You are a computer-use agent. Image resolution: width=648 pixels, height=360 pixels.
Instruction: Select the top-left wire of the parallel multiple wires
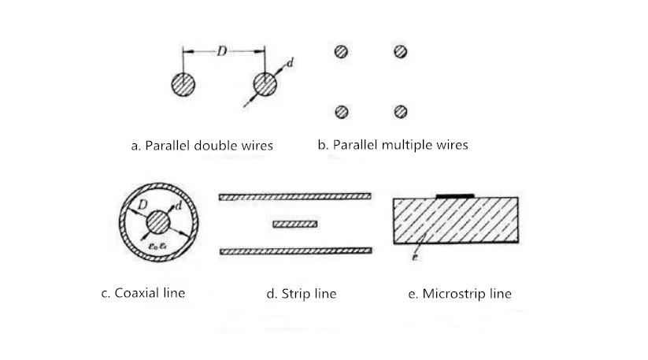coord(341,52)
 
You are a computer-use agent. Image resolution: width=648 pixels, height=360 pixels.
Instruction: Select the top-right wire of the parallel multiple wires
coord(401,52)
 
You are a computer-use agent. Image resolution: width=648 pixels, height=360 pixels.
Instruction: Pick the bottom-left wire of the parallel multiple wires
coord(341,111)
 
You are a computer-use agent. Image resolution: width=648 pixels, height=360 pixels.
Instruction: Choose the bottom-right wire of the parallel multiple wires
coord(401,111)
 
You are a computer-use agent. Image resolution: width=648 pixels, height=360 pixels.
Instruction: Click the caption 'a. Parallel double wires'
coord(202,145)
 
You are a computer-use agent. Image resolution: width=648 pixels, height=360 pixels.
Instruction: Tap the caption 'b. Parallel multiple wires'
coord(393,145)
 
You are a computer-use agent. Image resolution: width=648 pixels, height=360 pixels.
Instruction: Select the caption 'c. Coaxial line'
coord(143,293)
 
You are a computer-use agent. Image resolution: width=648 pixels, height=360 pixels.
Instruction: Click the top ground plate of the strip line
coord(294,196)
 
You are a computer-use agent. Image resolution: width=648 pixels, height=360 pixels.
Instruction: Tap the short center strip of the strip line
coord(294,225)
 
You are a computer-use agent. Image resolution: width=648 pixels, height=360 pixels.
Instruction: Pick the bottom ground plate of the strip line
coord(294,251)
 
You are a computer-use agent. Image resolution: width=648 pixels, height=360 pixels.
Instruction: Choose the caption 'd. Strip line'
coord(302,294)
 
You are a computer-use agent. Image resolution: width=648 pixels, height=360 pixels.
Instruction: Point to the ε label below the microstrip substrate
coord(416,257)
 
